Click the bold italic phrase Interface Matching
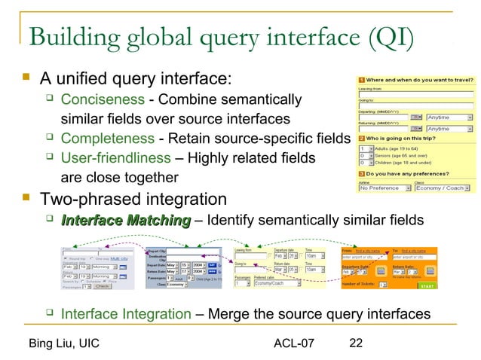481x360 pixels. (125, 220)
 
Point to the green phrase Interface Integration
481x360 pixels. (125, 314)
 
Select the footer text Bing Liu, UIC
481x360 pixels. (63, 344)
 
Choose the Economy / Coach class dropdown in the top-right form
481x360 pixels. (446, 188)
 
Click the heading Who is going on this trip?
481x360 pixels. (406, 139)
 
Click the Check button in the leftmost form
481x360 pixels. (103, 285)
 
